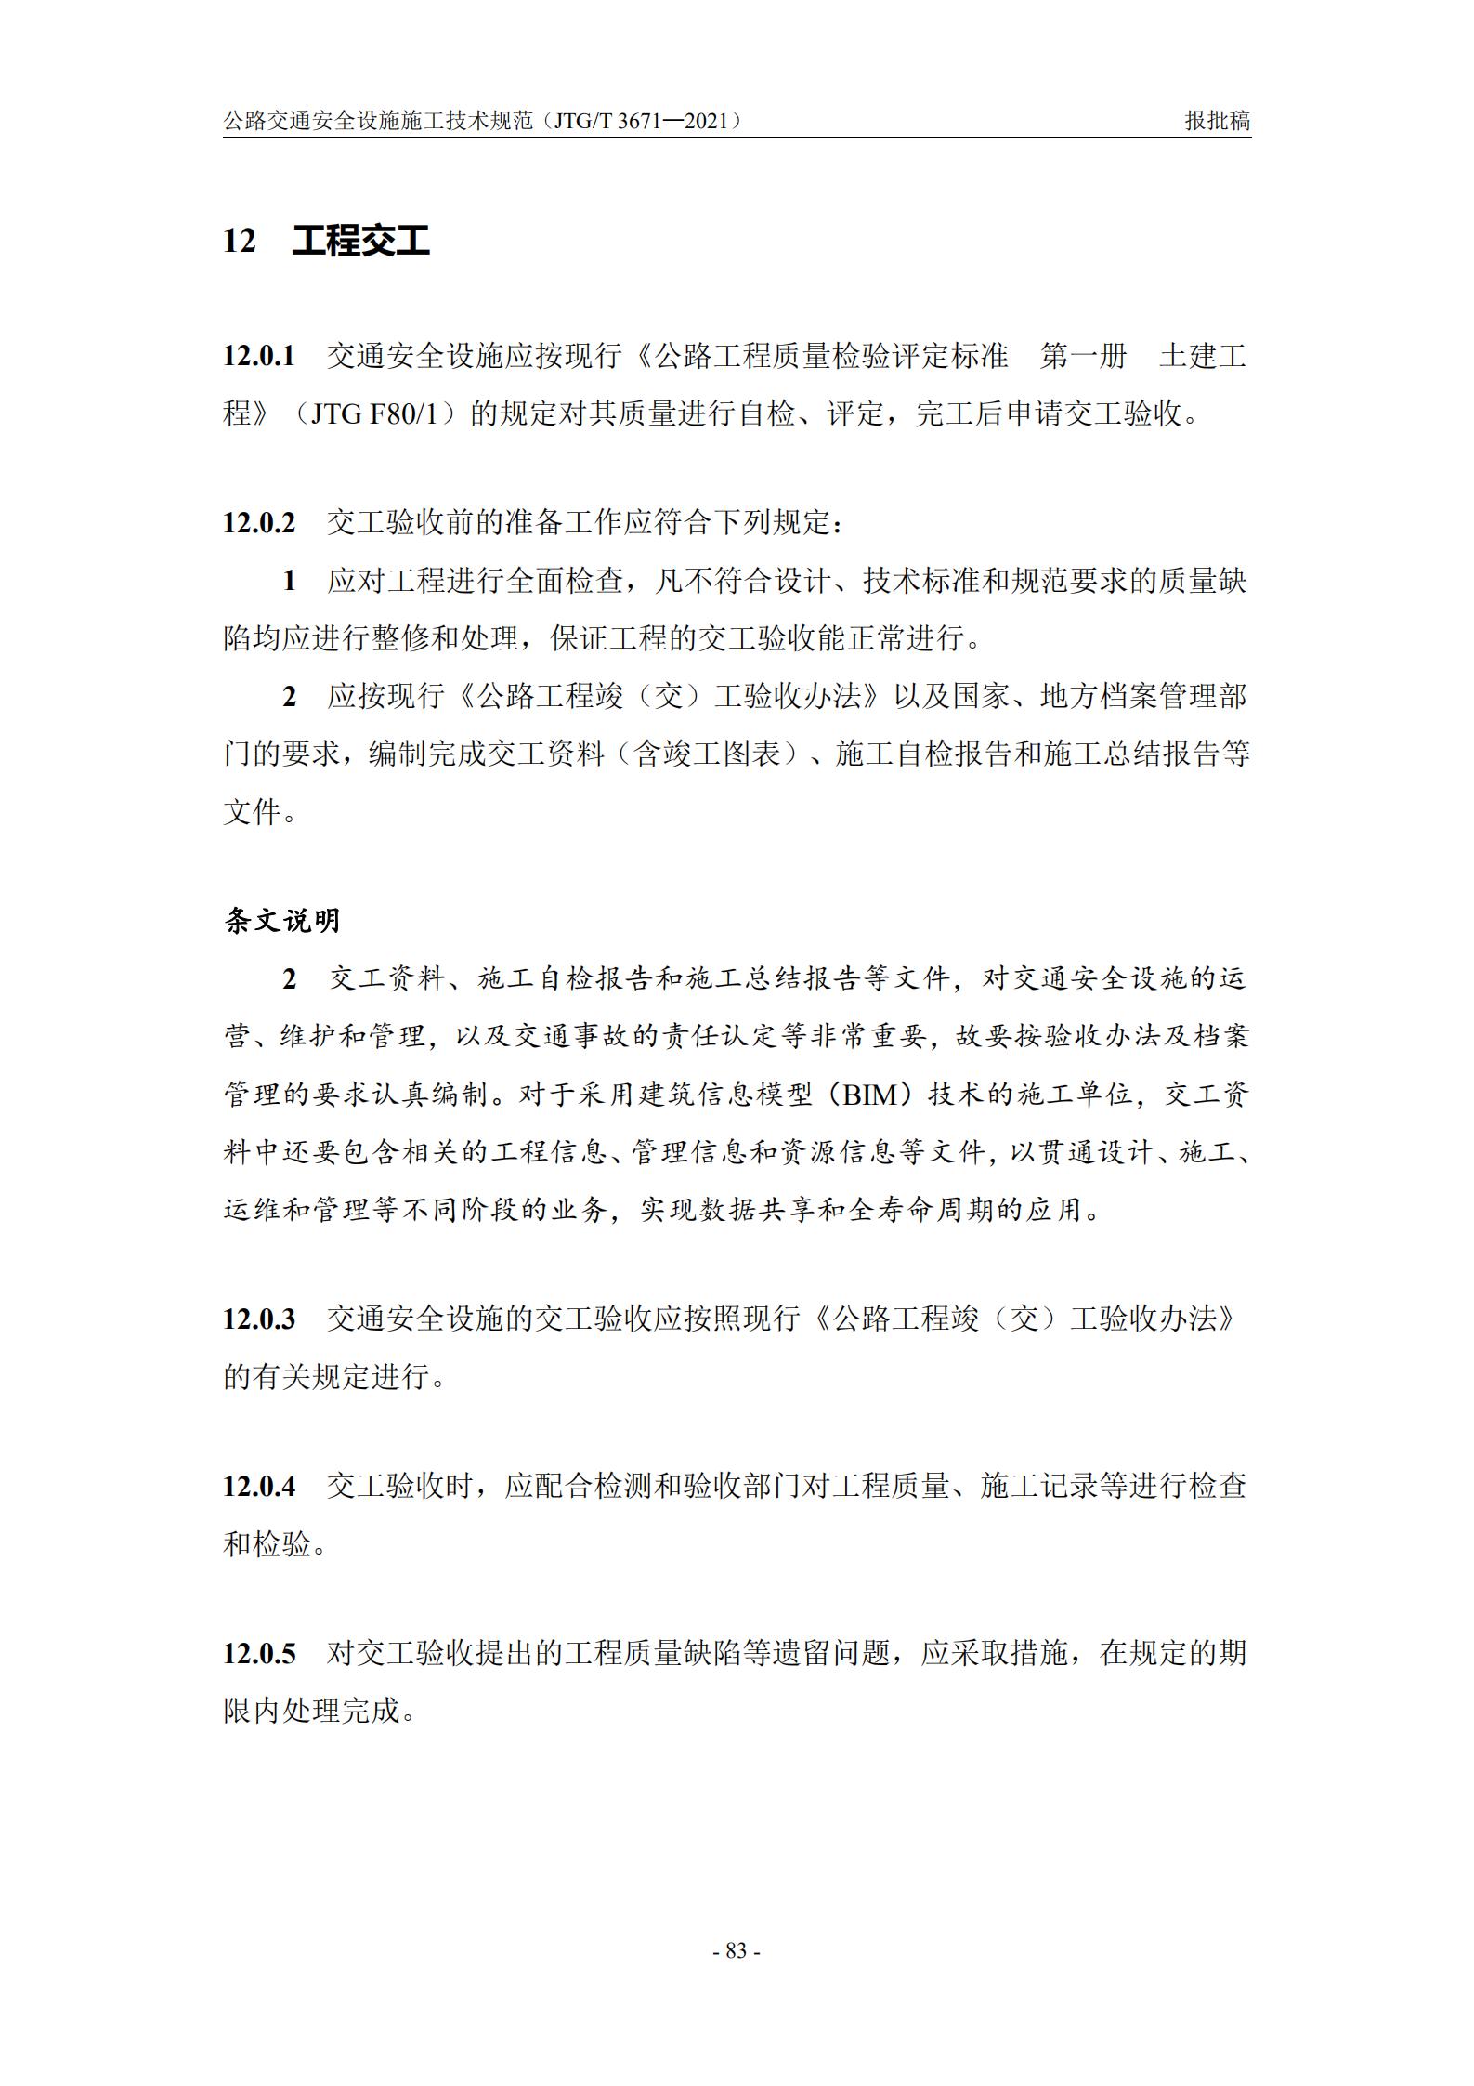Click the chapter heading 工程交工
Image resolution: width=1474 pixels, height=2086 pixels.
tap(360, 241)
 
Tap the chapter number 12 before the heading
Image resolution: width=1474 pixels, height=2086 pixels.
tap(239, 242)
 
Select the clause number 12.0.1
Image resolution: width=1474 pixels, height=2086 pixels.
tap(258, 356)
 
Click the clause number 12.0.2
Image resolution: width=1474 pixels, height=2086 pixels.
tap(258, 523)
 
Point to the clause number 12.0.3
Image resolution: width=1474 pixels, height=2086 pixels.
tap(258, 1319)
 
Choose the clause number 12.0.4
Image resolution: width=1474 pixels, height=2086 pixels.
tap(258, 1486)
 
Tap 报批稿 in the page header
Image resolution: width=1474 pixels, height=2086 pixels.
tap(1218, 121)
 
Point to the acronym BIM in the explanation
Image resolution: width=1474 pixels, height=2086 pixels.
tap(870, 1095)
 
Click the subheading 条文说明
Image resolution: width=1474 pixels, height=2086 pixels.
tap(282, 921)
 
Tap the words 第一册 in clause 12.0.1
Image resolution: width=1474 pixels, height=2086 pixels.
tap(1083, 356)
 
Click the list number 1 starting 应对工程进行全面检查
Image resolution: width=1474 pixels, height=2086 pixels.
tap(289, 582)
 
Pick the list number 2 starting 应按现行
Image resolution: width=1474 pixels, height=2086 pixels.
tap(289, 697)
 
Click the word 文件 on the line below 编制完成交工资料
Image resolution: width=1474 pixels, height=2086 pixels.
tap(253, 813)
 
